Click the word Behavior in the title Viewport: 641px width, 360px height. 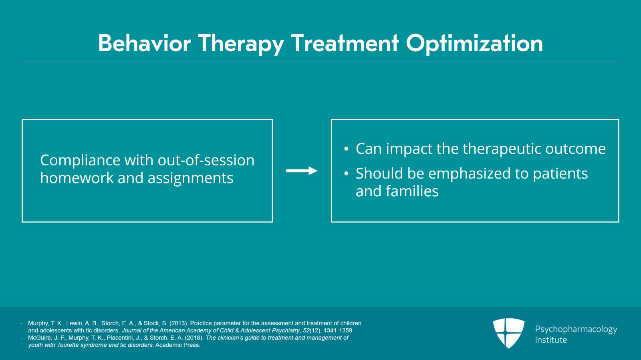click(144, 43)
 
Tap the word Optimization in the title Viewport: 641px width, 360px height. click(474, 43)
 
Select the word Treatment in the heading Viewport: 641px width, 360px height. click(345, 43)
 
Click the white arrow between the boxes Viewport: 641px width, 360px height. click(301, 171)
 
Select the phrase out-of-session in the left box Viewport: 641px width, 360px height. click(206, 160)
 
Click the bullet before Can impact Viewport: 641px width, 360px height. click(346, 149)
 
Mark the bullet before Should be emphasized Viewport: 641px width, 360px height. click(346, 174)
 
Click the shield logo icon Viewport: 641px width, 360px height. click(508, 333)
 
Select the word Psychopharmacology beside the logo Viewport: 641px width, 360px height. click(576, 329)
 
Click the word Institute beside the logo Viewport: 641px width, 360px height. click(551, 340)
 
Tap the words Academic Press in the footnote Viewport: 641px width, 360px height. click(177, 345)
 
